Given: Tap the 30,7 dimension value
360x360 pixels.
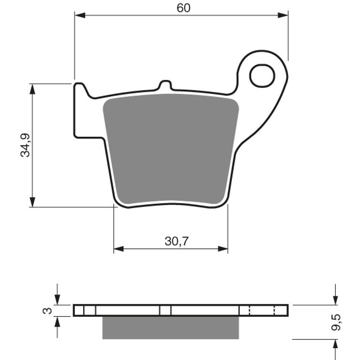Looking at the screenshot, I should click(x=176, y=241).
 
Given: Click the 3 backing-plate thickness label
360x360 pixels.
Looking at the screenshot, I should click(x=47, y=311).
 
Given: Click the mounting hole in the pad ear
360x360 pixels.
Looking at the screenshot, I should click(x=262, y=76).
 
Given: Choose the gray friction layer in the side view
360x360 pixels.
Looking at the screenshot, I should click(x=170, y=327).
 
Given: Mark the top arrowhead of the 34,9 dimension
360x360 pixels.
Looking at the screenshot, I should click(x=32, y=89).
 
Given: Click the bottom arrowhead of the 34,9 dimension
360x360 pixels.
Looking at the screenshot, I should click(x=32, y=202).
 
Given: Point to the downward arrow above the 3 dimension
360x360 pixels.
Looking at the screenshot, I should click(x=57, y=299).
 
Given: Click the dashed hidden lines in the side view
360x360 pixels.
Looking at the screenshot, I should click(x=262, y=310).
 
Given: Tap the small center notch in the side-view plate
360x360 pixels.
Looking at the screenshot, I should click(x=165, y=310).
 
